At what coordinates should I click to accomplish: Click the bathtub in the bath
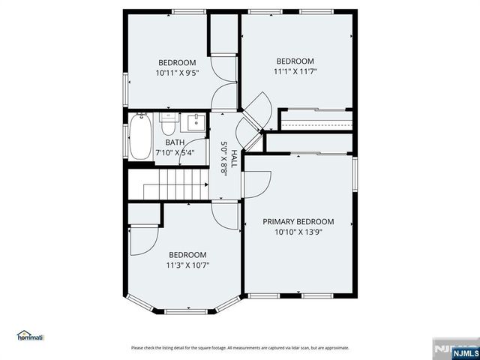click(140, 136)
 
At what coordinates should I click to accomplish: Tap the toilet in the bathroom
click(168, 124)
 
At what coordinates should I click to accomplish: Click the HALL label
click(234, 158)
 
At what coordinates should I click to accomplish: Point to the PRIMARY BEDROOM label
click(298, 222)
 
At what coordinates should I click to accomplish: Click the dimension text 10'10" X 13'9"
click(298, 232)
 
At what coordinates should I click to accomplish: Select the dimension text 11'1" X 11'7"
click(295, 72)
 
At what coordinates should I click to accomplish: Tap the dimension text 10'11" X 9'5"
click(177, 73)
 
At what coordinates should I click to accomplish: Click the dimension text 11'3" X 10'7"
click(187, 265)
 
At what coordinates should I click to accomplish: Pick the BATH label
click(175, 142)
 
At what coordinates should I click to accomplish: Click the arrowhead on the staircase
click(207, 185)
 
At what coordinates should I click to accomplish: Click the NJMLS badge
click(465, 353)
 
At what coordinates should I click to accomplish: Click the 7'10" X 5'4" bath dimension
click(175, 152)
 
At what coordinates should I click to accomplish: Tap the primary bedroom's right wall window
click(355, 174)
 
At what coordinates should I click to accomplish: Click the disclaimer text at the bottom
click(240, 348)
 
